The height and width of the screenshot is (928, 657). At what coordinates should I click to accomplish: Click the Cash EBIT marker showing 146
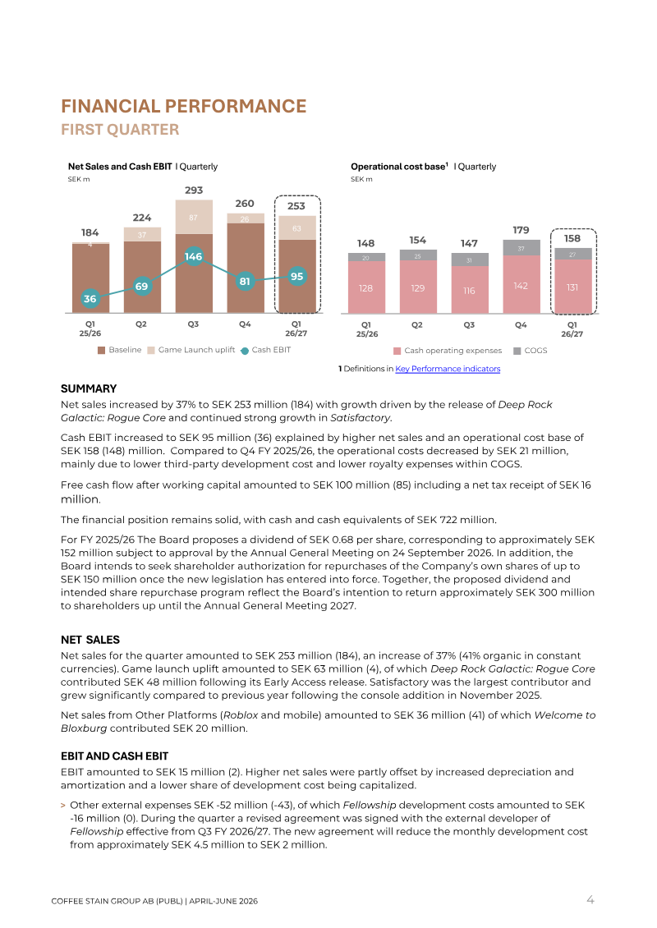(x=194, y=256)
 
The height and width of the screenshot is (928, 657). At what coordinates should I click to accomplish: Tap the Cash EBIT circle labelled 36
(x=90, y=299)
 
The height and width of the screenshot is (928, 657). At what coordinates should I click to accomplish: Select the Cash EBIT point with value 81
(x=245, y=281)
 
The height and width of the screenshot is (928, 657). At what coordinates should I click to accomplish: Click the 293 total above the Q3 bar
(x=194, y=191)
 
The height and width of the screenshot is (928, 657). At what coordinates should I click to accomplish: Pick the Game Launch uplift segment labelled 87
(x=194, y=217)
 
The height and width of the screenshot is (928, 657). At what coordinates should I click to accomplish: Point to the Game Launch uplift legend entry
(x=191, y=350)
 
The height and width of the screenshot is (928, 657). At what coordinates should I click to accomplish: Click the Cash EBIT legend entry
(x=266, y=350)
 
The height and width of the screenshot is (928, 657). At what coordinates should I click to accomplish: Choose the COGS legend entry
(x=531, y=351)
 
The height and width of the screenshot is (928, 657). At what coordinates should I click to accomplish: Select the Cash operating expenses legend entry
(x=448, y=351)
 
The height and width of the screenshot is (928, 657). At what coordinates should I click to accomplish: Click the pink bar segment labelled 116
(x=470, y=289)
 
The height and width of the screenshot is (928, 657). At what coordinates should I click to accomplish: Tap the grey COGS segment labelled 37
(x=521, y=248)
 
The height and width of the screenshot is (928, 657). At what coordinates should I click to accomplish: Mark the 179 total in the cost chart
(x=521, y=230)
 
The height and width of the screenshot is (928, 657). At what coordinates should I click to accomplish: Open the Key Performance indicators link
(x=448, y=369)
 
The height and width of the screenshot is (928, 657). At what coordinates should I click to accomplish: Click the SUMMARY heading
(x=89, y=388)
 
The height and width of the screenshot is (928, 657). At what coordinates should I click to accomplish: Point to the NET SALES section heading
(x=90, y=640)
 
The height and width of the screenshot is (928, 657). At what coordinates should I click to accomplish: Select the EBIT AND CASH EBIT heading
(x=114, y=756)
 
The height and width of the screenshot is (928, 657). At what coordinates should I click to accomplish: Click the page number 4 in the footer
(x=590, y=900)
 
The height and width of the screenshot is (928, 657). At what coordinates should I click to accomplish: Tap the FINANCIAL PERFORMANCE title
(x=183, y=106)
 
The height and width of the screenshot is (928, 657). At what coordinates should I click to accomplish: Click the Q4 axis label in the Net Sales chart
(x=245, y=324)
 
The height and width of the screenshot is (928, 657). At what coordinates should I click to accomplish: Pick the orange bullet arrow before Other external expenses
(x=62, y=806)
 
